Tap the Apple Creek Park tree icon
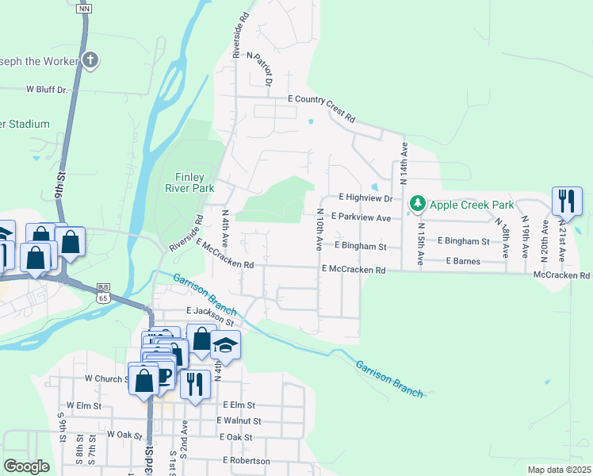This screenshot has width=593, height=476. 417,205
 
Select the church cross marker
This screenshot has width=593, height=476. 91,59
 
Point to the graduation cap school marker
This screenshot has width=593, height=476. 225,345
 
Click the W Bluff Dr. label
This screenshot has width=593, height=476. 48,90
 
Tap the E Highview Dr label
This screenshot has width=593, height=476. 365,197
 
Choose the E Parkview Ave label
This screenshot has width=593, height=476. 362,217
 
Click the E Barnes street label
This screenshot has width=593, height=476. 463,260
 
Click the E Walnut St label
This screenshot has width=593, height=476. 239,420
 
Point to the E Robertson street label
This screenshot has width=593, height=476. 247,460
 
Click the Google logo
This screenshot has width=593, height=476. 26,466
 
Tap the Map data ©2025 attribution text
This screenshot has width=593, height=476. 559,470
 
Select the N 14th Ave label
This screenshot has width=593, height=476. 404,163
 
